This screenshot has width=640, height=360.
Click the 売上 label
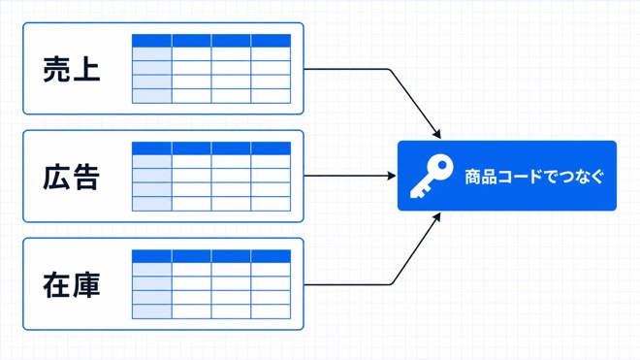[72, 69]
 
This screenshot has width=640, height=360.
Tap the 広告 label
[72, 177]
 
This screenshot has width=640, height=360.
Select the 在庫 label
[72, 285]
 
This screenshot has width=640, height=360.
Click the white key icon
[432, 176]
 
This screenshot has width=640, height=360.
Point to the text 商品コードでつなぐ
[534, 177]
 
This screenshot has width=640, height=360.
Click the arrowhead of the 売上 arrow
[437, 135]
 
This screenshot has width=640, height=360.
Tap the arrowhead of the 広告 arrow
[392, 176]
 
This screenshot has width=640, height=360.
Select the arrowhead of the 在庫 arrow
[437, 217]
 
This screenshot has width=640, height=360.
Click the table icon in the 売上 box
[211, 69]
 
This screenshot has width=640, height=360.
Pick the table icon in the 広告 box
[211, 177]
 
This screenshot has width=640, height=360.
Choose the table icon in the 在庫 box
[211, 284]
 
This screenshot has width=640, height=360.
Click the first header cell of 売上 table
[152, 41]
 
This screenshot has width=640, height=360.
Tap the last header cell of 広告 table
[271, 148]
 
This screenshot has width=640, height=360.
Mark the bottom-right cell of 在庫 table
[271, 311]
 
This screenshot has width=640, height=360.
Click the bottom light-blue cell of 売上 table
[152, 96]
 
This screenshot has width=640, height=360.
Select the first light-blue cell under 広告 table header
[152, 162]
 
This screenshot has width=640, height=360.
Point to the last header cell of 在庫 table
[271, 256]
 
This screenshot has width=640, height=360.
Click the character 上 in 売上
[86, 70]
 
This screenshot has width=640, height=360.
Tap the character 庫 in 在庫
[86, 285]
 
